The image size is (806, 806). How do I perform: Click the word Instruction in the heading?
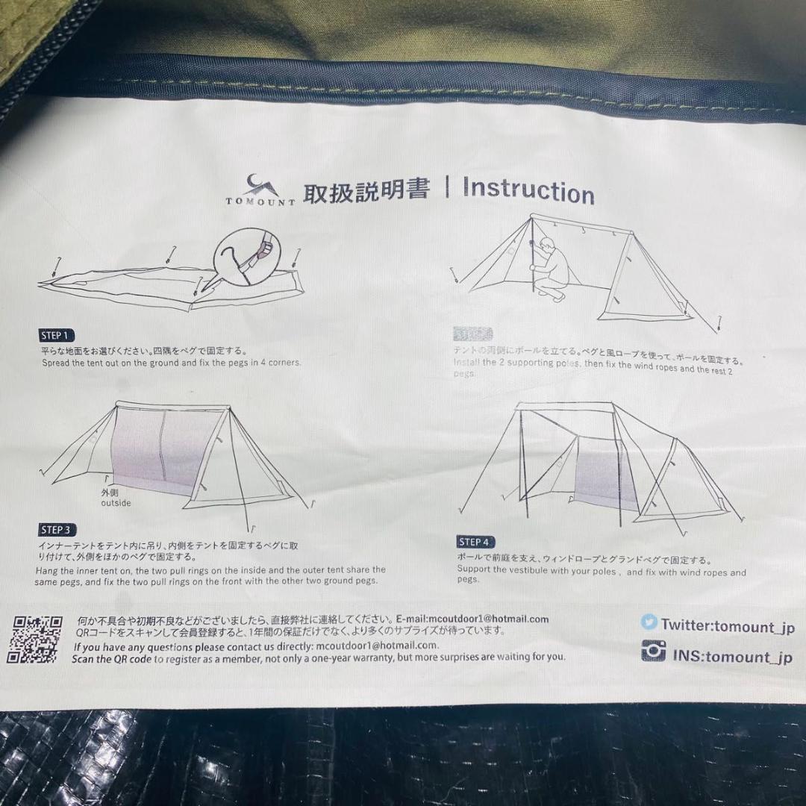(528, 190)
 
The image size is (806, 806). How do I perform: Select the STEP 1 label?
(57, 335)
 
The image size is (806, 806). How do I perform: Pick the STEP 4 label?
(475, 542)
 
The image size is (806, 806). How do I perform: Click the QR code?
(34, 639)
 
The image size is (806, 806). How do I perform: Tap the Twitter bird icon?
(649, 622)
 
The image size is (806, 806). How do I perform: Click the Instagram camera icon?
(653, 652)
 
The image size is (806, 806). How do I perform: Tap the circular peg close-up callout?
(244, 255)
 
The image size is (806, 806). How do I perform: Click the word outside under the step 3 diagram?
(116, 503)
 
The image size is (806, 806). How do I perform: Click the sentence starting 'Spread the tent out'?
(171, 363)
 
